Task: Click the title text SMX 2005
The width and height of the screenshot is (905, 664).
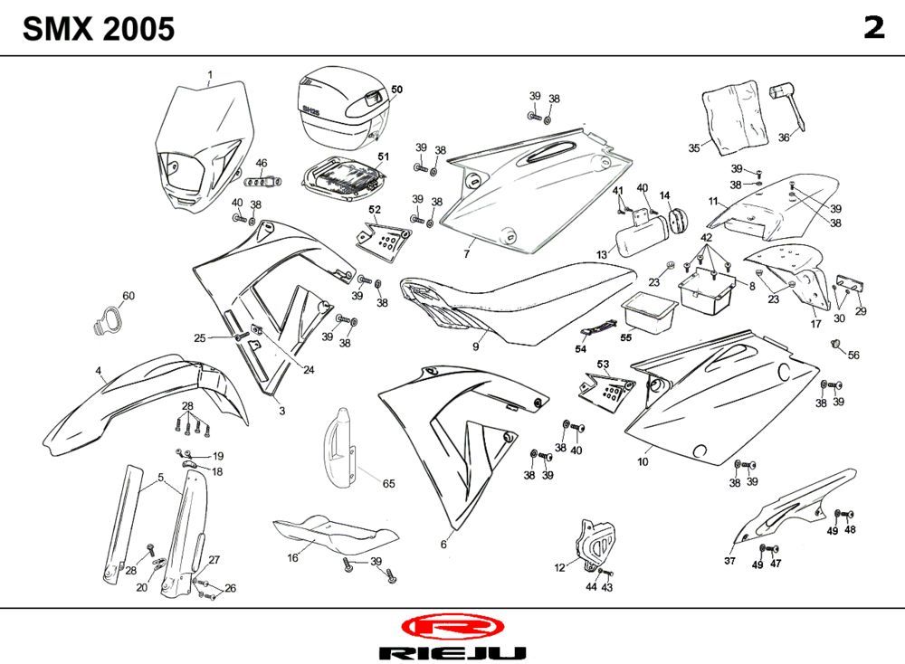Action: [99, 30]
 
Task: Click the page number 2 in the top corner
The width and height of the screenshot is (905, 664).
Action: [873, 28]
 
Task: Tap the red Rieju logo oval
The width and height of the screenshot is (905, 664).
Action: [451, 628]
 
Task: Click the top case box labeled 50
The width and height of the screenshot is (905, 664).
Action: [339, 107]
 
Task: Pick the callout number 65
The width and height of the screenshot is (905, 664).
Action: [388, 484]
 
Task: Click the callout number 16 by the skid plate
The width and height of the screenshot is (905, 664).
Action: [292, 558]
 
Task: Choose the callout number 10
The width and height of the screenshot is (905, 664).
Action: [643, 461]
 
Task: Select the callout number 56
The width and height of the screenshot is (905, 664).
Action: [853, 355]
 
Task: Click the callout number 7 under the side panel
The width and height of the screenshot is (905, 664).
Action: [467, 254]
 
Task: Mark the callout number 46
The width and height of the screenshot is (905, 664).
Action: [262, 164]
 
